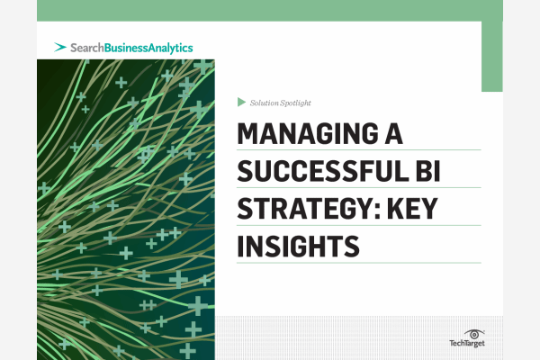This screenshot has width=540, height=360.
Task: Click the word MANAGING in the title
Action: click(308, 134)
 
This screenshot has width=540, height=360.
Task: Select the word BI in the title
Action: click(428, 171)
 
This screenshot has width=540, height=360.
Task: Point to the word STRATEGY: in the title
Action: click(309, 209)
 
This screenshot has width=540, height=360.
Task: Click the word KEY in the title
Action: click(412, 209)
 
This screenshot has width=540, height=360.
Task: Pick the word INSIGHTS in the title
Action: click(298, 246)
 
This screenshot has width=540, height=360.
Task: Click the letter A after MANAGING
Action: click(393, 134)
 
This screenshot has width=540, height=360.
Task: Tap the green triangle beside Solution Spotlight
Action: click(241, 102)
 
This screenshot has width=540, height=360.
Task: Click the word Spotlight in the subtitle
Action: click(295, 103)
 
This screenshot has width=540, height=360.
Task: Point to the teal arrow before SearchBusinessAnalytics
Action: click(60, 47)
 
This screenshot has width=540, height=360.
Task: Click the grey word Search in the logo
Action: click(86, 48)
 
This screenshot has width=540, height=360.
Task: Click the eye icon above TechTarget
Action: click(474, 334)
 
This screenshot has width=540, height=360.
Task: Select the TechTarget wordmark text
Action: click(467, 343)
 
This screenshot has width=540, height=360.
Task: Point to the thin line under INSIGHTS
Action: click(358, 263)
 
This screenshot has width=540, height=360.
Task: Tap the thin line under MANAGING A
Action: click(358, 150)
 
